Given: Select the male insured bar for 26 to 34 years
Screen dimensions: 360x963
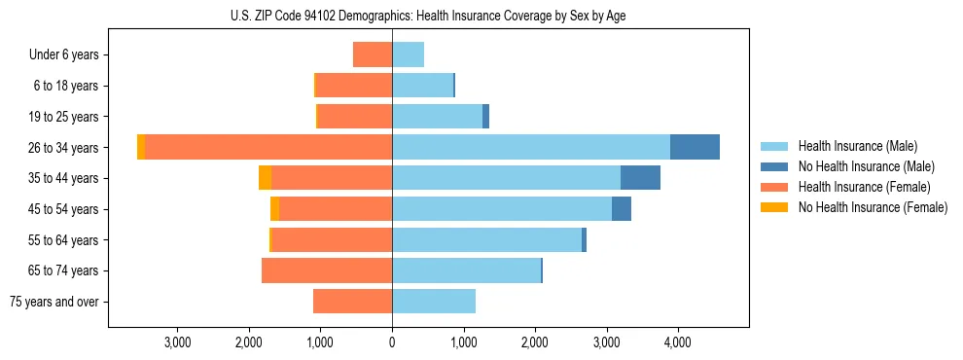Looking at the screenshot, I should [x=530, y=147].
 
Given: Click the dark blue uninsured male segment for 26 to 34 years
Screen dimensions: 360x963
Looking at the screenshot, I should [x=695, y=147].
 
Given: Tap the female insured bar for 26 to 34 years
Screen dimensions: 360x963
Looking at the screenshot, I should [x=268, y=147].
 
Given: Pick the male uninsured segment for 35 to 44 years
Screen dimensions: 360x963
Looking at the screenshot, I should [x=640, y=178].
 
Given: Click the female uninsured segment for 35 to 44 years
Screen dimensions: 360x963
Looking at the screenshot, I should [x=265, y=178].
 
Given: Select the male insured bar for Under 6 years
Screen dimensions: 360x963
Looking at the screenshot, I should [x=408, y=54].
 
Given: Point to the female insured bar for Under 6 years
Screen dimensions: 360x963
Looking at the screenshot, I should [x=373, y=54].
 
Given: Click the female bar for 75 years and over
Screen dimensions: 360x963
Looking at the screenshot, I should [x=352, y=302].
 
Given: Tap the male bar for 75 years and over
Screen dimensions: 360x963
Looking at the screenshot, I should [x=434, y=302].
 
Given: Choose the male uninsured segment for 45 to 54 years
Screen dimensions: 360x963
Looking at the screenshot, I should [x=622, y=209].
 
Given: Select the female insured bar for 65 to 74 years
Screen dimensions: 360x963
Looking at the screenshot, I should [x=327, y=270].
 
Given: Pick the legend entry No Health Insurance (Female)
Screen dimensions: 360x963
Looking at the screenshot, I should [x=873, y=207].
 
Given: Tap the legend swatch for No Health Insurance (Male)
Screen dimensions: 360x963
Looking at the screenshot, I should [x=774, y=166].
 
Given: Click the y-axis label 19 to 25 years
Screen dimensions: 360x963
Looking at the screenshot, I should [x=65, y=117].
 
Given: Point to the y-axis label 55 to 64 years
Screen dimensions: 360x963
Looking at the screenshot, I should [x=65, y=240].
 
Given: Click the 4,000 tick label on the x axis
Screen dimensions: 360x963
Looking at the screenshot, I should [x=677, y=342].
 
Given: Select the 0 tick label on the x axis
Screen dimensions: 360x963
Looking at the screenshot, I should [x=392, y=342].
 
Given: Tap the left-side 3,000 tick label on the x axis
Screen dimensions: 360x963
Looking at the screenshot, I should [x=177, y=342].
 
